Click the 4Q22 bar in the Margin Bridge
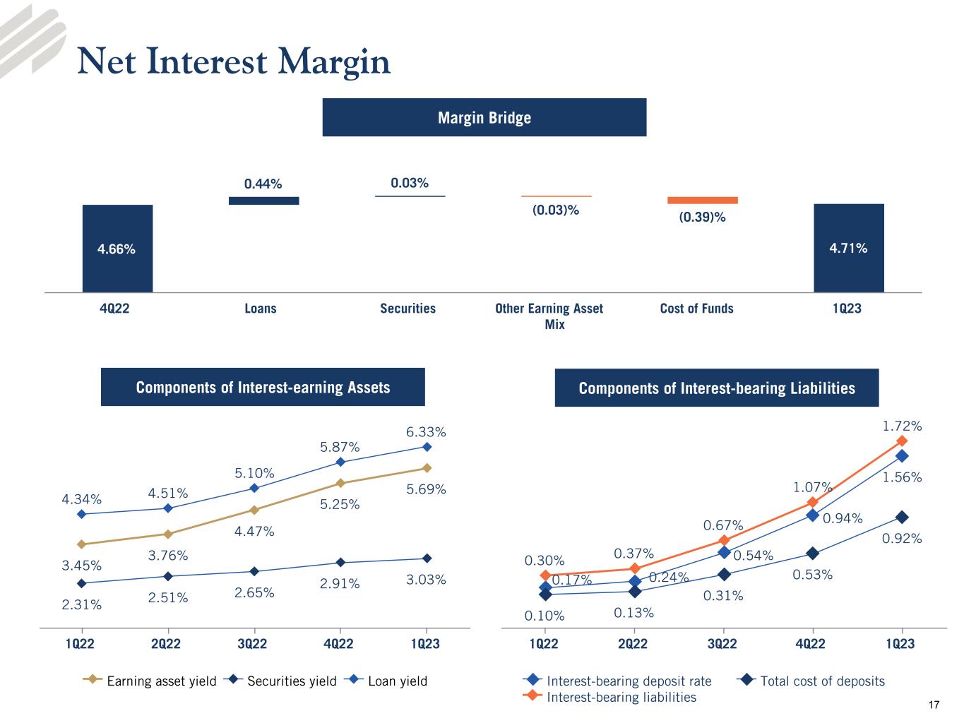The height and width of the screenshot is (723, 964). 117,248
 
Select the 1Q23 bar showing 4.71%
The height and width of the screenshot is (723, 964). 848,248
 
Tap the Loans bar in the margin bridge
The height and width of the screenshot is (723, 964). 263,201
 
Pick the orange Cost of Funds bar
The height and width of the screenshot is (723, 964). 702,200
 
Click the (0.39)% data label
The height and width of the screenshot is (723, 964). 702,217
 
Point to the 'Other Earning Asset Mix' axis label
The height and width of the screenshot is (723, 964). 549,316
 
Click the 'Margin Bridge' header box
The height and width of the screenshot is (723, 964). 484,117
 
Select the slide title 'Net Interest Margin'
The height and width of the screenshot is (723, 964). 233,61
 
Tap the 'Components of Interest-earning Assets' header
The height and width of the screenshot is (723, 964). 263,387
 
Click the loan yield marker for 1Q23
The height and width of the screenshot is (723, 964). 427,447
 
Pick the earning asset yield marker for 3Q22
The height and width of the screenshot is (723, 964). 254,510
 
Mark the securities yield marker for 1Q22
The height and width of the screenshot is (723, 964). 81,583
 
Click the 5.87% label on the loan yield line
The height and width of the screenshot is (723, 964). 340,447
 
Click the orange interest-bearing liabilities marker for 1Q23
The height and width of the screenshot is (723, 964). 902,441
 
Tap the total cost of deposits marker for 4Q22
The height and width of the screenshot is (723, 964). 813,553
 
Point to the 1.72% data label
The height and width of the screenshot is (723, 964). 902,426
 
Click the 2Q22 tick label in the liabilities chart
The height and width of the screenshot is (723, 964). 633,643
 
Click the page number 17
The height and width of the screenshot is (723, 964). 934,705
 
